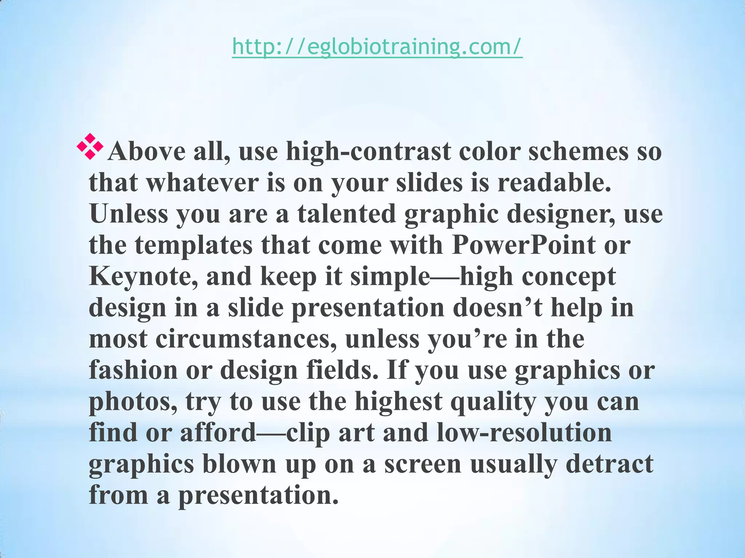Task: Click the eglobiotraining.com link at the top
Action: (377, 47)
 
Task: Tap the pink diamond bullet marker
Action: (90, 146)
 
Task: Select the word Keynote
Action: (144, 277)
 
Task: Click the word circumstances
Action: (246, 339)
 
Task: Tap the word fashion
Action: (133, 370)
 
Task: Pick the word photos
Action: (133, 401)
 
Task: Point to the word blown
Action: (239, 464)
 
